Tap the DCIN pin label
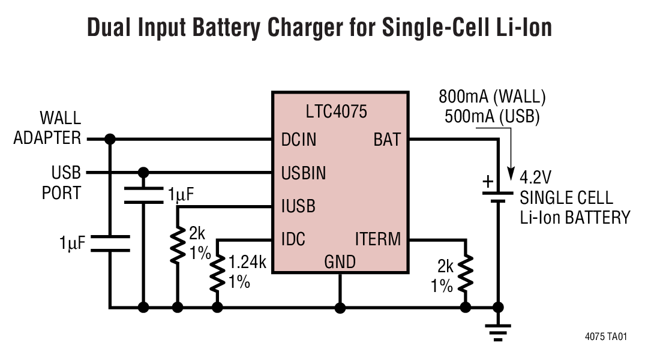pyautogui.click(x=298, y=140)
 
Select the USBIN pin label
pyautogui.click(x=304, y=173)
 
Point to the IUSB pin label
pyautogui.click(x=298, y=207)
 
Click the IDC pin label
pyautogui.click(x=293, y=240)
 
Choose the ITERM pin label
pyautogui.click(x=377, y=240)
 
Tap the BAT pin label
pyautogui.click(x=387, y=140)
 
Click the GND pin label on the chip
pyautogui.click(x=340, y=262)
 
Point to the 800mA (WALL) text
pyautogui.click(x=492, y=97)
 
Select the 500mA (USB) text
pyautogui.click(x=492, y=116)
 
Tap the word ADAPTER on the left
pyautogui.click(x=47, y=139)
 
